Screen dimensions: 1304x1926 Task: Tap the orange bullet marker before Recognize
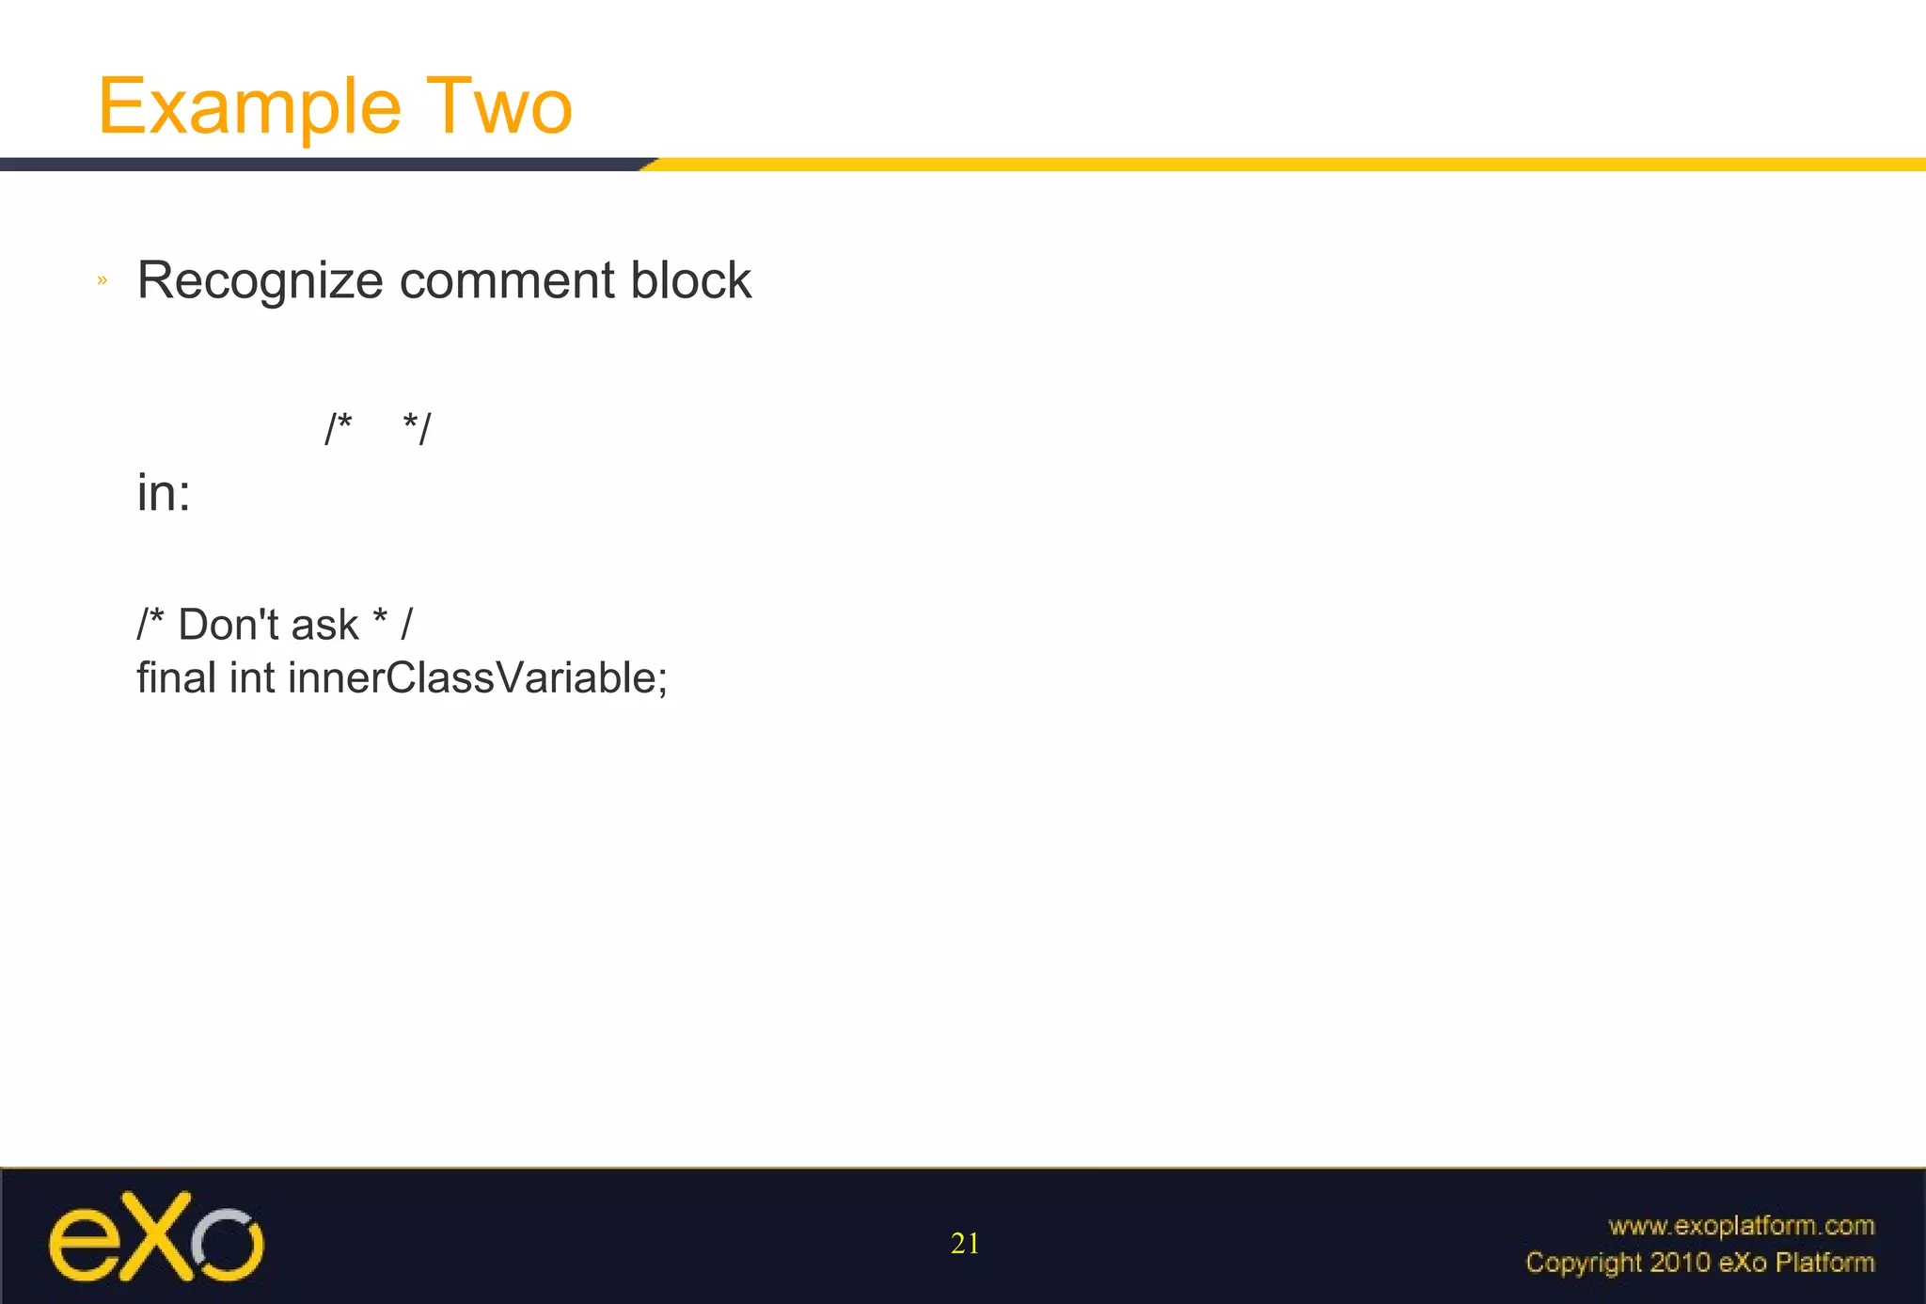pyautogui.click(x=103, y=280)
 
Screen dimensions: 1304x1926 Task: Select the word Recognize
pyautogui.click(x=260, y=281)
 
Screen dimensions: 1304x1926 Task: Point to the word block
pyautogui.click(x=690, y=281)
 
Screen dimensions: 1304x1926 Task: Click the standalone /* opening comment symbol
pyautogui.click(x=338, y=429)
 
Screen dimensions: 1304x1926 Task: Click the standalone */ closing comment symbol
pyautogui.click(x=417, y=429)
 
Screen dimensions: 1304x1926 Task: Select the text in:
pyautogui.click(x=164, y=493)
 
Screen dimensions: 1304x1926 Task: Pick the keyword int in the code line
pyautogui.click(x=252, y=677)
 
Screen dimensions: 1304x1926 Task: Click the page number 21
pyautogui.click(x=965, y=1244)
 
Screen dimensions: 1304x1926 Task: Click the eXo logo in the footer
pyautogui.click(x=156, y=1237)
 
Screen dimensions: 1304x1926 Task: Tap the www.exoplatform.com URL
pyautogui.click(x=1742, y=1226)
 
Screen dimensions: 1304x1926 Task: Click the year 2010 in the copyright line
pyautogui.click(x=1680, y=1263)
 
